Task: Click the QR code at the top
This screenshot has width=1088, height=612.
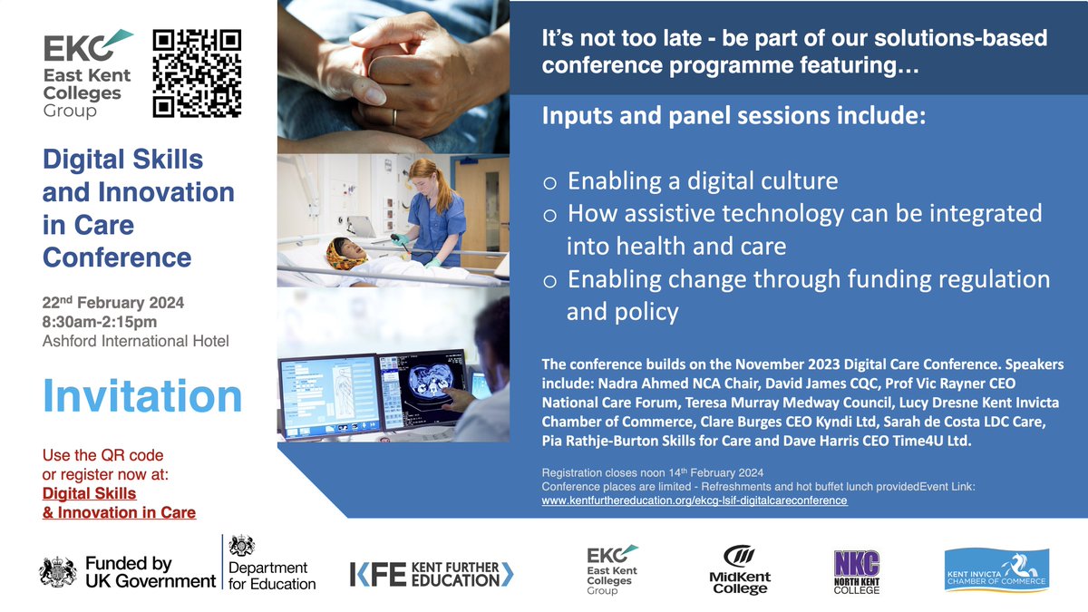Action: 197,74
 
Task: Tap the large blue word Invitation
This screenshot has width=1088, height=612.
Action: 142,397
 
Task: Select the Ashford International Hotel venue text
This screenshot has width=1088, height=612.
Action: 136,341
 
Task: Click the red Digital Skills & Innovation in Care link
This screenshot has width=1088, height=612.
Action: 119,502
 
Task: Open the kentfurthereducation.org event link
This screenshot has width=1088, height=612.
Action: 694,500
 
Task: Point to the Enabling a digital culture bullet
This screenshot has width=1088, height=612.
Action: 702,180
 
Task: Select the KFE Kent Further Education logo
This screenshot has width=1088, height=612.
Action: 432,573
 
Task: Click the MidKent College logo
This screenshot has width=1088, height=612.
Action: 737,569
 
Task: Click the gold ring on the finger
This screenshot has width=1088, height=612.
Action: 393,116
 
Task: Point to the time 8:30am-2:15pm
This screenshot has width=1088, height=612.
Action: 100,321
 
